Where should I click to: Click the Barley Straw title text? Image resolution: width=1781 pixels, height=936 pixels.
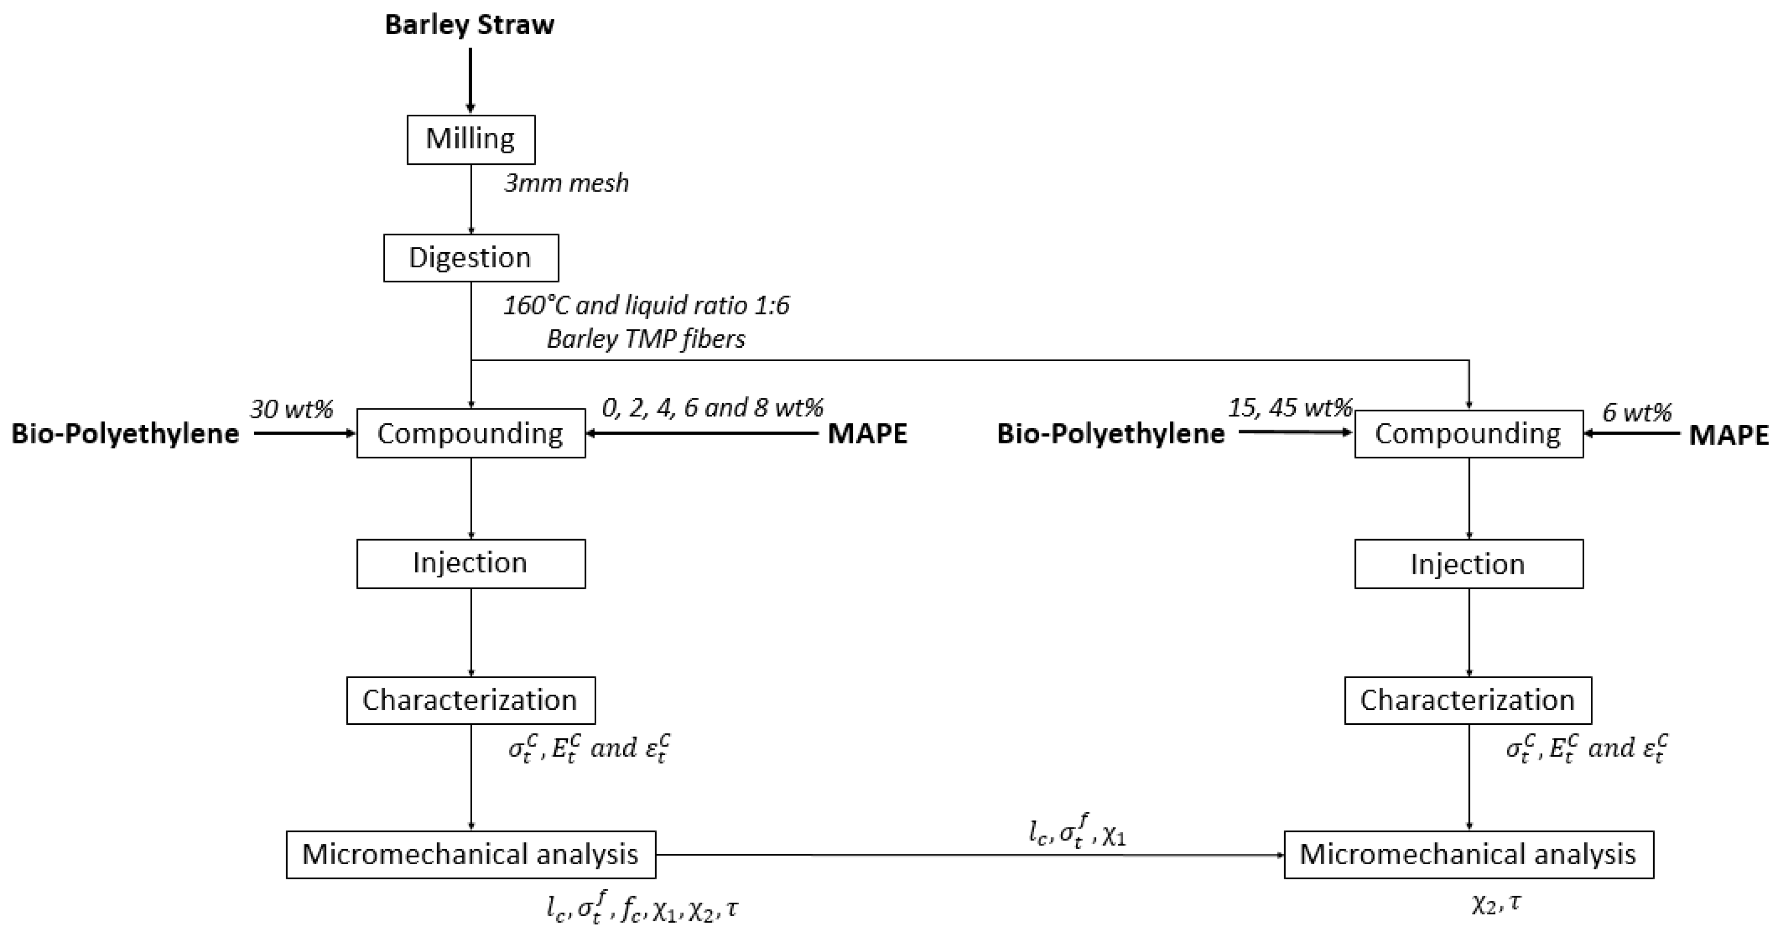pyautogui.click(x=469, y=25)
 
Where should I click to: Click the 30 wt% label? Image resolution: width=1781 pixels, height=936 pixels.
pyautogui.click(x=291, y=409)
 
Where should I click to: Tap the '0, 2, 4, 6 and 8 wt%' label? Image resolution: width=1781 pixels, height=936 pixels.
pyautogui.click(x=712, y=408)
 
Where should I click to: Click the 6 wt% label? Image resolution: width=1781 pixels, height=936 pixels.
pyautogui.click(x=1636, y=413)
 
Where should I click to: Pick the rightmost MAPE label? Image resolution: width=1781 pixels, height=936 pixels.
pyautogui.click(x=1728, y=435)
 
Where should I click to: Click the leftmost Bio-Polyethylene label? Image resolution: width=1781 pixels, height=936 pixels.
pyautogui.click(x=125, y=434)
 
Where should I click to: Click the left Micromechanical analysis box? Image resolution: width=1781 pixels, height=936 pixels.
pyautogui.click(x=471, y=855)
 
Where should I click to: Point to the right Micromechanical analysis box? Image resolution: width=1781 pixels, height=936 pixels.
pyautogui.click(x=1468, y=855)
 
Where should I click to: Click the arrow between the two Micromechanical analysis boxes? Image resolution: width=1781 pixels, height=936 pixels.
pyautogui.click(x=968, y=855)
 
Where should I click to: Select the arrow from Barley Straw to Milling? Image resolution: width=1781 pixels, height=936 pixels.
pyautogui.click(x=471, y=80)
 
